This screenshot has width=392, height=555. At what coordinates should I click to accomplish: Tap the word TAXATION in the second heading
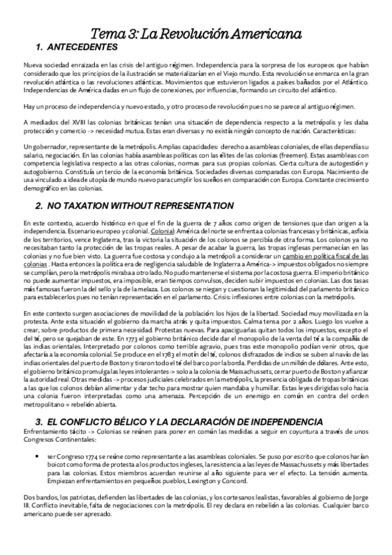[x=92, y=206]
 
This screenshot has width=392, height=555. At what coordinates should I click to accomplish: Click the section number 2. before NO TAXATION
[x=39, y=206]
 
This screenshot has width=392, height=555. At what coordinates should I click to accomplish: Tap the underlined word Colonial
[x=163, y=232]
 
